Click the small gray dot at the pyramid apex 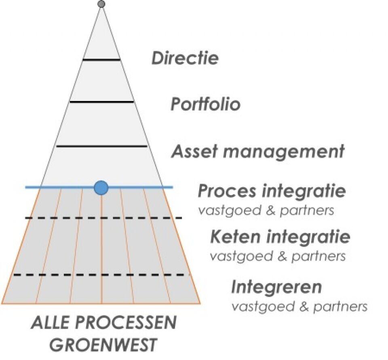101,4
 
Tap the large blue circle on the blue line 101,188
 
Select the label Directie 185,58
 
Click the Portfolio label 205,104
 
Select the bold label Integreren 276,287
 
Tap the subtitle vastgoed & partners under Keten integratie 278,256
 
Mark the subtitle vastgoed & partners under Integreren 299,306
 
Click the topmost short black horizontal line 101,60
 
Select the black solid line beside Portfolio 101,102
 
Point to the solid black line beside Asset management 101,146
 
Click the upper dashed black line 103,218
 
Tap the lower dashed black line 101,275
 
